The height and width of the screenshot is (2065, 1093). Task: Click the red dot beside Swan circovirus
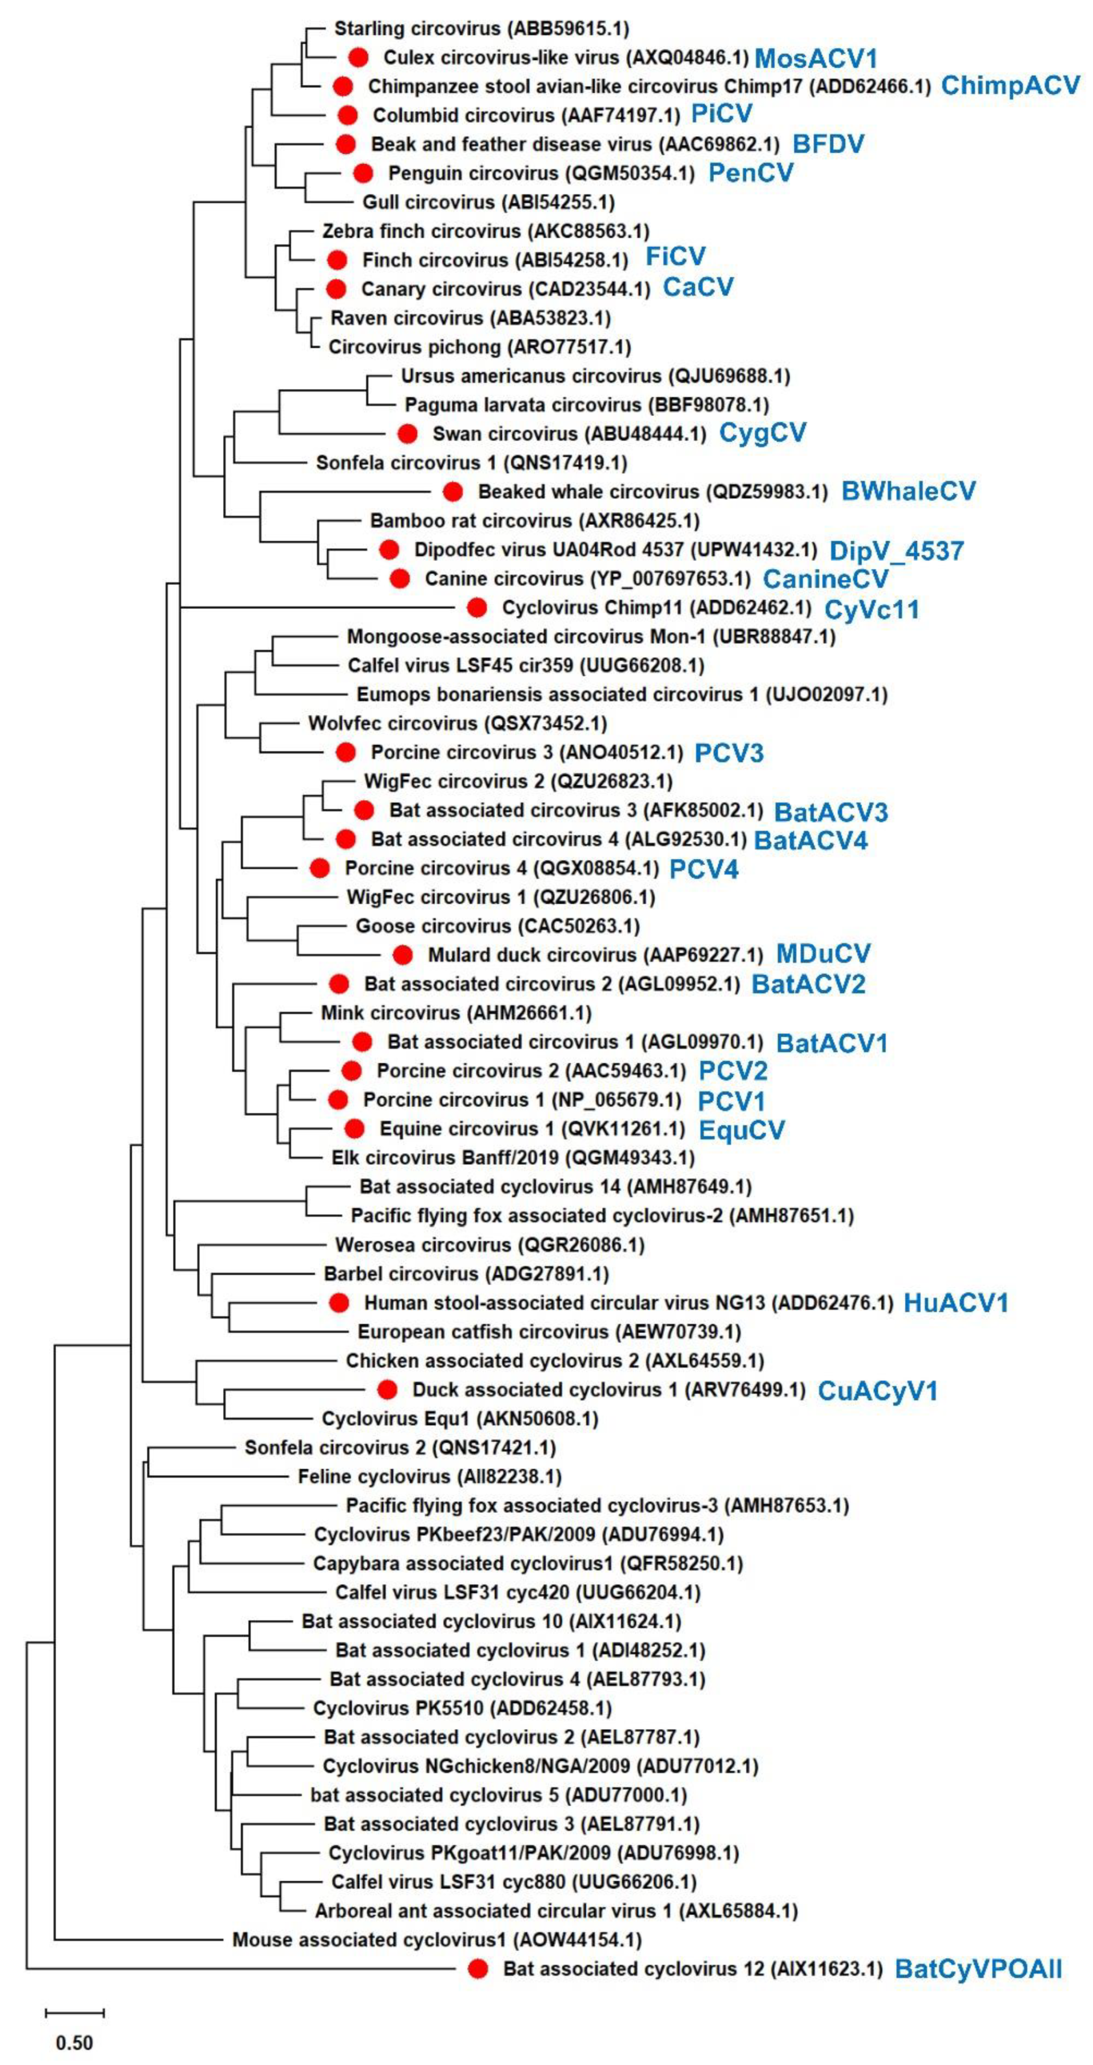point(407,434)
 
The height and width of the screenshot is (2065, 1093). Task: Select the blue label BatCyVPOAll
point(978,1968)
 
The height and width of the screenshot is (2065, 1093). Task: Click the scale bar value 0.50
point(75,2042)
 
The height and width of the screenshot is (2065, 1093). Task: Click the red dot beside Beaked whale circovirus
point(453,491)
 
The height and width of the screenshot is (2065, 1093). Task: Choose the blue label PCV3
point(729,753)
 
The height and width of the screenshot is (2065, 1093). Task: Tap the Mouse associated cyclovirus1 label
point(437,1939)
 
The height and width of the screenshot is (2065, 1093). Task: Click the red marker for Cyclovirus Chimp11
point(477,608)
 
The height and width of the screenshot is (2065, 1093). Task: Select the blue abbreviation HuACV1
point(955,1303)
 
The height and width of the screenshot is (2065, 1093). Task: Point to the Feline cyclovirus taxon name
point(429,1476)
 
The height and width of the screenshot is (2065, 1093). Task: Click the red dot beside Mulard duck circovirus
point(402,955)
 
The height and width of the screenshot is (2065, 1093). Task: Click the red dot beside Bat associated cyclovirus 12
point(479,1968)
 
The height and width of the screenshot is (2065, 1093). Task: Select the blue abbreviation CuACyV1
point(877,1390)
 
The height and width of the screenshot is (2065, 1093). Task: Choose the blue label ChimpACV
point(1010,86)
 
